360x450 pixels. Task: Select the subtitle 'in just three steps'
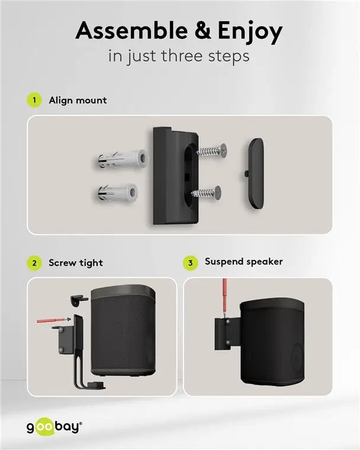point(179,56)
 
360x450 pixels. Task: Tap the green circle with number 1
point(35,100)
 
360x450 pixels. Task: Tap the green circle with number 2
point(35,263)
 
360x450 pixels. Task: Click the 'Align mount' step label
point(78,100)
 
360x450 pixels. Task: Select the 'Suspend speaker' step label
point(243,261)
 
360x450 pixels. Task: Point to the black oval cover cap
point(255,173)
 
